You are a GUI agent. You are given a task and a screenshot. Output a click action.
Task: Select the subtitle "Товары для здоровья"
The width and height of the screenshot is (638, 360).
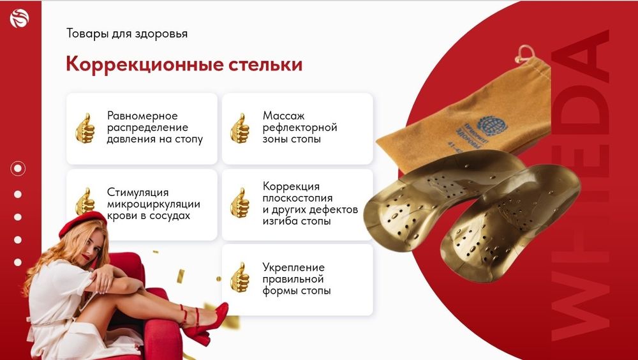tap(127, 33)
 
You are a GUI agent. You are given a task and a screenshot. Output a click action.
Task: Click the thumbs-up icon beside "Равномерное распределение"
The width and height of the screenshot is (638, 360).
tap(85, 128)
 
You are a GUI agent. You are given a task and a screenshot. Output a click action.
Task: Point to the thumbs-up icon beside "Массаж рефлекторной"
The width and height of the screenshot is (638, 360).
tap(240, 128)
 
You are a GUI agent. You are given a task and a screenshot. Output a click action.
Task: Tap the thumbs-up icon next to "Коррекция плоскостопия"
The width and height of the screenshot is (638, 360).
tap(240, 204)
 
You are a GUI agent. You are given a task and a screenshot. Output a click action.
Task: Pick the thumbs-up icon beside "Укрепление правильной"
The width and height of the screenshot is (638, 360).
tap(240, 278)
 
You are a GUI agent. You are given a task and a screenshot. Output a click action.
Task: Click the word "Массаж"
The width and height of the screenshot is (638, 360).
tap(284, 116)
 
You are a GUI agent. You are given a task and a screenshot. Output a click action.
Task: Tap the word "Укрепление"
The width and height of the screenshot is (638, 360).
tap(293, 267)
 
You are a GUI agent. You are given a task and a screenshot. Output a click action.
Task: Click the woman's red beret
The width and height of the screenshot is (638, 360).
tap(82, 223)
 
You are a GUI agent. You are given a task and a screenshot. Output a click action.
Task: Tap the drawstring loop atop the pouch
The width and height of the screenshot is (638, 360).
tap(524, 52)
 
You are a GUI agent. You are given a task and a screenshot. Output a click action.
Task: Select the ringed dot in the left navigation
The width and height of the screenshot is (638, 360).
tap(18, 169)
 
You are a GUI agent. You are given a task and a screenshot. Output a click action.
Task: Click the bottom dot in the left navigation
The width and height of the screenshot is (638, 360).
tap(18, 262)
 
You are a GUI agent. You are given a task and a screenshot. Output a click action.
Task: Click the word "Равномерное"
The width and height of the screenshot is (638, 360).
tap(142, 116)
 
